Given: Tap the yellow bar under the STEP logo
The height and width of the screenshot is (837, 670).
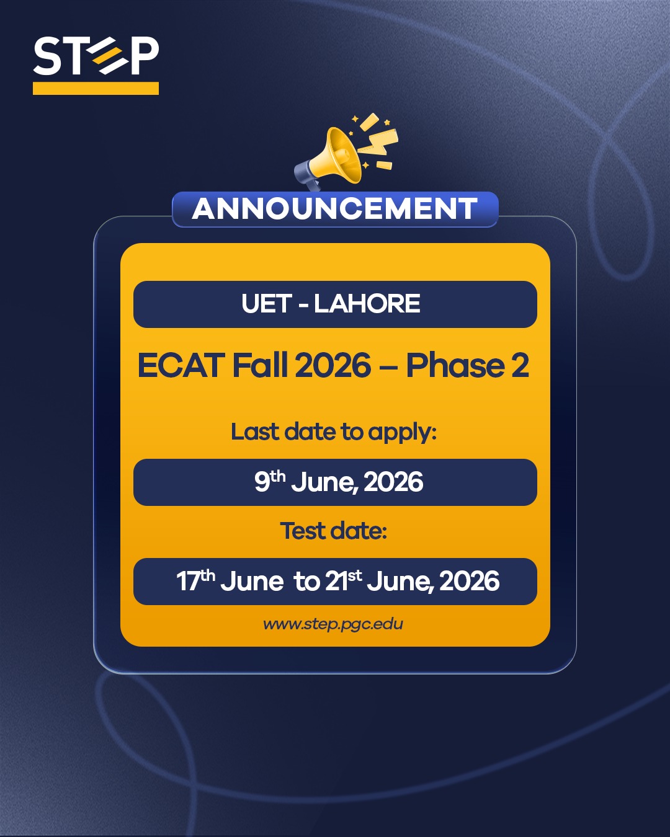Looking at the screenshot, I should pos(96,88).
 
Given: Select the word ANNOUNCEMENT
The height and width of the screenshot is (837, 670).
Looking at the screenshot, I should pos(335,209).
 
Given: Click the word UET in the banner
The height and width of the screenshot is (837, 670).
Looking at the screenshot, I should pos(266,304).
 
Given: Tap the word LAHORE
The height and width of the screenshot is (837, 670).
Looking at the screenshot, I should pos(367,304).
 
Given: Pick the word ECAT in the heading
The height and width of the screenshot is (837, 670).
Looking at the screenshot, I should pos(181,365).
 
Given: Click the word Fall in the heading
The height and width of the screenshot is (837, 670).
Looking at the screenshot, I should pos(260,365).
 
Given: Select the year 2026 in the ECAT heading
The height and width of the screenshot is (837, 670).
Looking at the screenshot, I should pos(333,365).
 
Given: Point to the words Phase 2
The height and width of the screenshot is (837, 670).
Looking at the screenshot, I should pos(467,365).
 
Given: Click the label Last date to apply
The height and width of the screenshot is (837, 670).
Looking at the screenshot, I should pos(334,432).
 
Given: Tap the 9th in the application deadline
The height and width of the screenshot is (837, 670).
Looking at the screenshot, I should pos(269,482).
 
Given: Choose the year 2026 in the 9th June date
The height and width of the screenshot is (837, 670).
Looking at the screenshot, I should pos(393,482).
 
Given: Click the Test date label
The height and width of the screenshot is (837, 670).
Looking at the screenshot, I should pos(334,531).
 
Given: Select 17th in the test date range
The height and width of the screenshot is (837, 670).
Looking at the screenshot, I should pos(195,581).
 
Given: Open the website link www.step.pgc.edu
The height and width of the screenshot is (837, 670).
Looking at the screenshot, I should pos(333,624).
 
